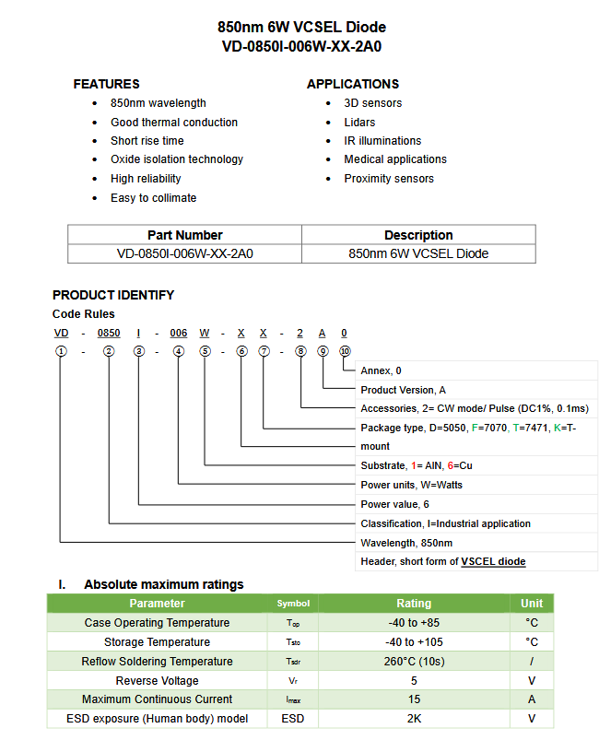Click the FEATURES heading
tap(106, 84)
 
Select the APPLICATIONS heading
tap(353, 84)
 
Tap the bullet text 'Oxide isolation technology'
tap(176, 159)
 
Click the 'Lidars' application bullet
tap(359, 122)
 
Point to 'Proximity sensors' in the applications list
tap(388, 179)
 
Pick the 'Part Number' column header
tap(184, 235)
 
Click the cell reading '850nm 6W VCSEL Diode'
tap(418, 253)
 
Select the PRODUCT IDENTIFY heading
tap(113, 295)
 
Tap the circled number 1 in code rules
tap(61, 351)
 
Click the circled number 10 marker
tap(345, 351)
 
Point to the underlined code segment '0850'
tap(109, 333)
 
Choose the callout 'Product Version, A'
tap(403, 390)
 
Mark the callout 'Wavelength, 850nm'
tap(406, 543)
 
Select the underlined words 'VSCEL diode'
tap(493, 561)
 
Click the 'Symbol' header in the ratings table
tap(293, 604)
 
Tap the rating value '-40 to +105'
tap(414, 642)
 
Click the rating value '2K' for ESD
tap(414, 719)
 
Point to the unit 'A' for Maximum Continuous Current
tap(532, 699)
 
